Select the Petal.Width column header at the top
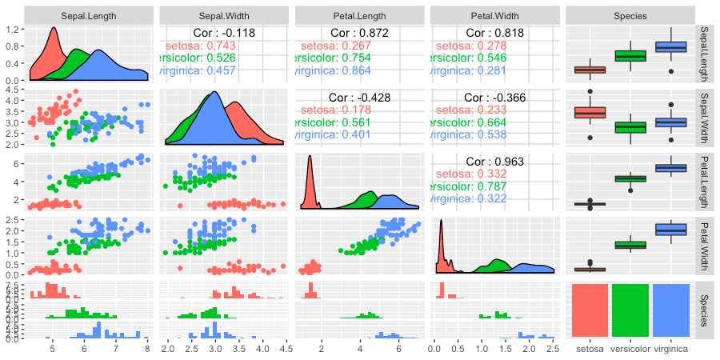[x=495, y=15]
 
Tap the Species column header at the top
[x=630, y=15]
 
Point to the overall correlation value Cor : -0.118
[x=225, y=33]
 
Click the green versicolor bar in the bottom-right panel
[x=630, y=310]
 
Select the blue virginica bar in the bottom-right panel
[x=670, y=310]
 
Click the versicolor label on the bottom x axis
[x=630, y=348]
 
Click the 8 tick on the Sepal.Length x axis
[x=147, y=348]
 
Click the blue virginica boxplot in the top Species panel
[x=670, y=48]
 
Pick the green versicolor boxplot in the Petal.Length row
[x=630, y=178]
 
